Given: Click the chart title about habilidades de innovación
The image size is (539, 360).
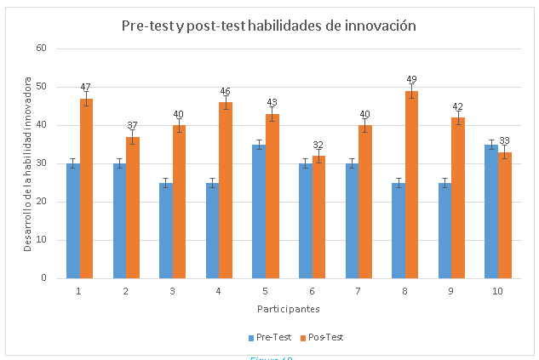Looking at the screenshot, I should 269,26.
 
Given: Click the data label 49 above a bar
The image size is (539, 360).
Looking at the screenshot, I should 411,79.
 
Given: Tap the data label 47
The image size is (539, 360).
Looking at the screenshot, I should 86,87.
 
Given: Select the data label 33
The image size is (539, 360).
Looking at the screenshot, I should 504,141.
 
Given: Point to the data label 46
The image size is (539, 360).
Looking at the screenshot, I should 226,91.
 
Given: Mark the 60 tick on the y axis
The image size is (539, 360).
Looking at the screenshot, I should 40,48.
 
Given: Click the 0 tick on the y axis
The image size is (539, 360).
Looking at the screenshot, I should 43,278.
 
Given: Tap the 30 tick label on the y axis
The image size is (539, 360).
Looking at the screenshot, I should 40,163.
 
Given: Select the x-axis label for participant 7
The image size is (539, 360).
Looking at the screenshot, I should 358,291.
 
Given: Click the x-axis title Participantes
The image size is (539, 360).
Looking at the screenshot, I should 290,308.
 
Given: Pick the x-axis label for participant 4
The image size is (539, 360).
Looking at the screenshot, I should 219,291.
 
